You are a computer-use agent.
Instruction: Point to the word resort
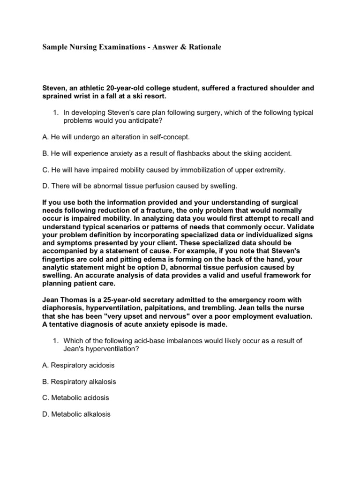152,96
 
